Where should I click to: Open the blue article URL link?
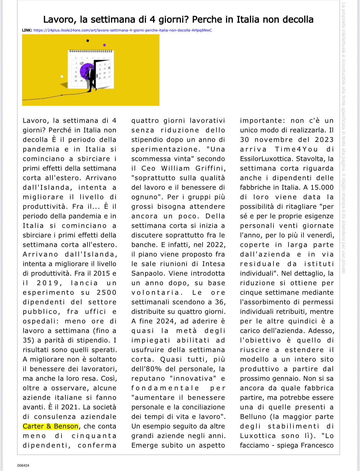(x=122, y=30)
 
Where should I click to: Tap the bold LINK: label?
(x=27, y=30)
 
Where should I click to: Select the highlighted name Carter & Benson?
(x=50, y=426)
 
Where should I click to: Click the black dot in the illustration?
(x=87, y=41)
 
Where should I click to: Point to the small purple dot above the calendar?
(x=104, y=45)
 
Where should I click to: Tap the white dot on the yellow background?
(x=62, y=76)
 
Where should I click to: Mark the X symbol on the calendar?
(x=109, y=68)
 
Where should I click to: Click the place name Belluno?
(x=253, y=417)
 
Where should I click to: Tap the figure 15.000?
(x=322, y=187)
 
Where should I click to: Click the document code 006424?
(x=23, y=465)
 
